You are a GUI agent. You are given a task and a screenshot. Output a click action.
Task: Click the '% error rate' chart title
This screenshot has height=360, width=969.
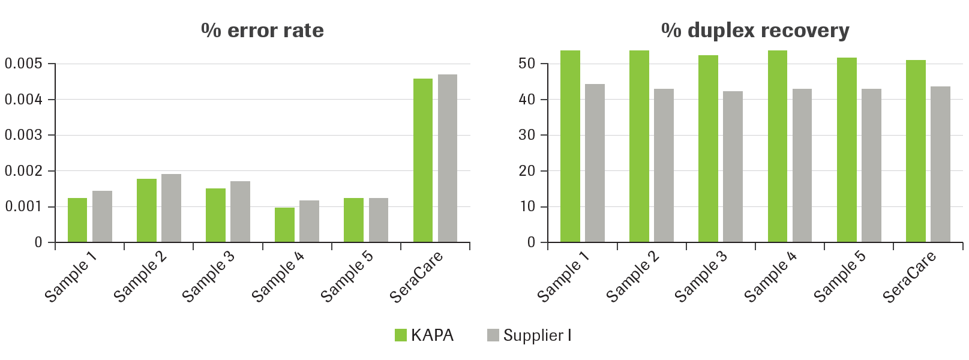(262, 30)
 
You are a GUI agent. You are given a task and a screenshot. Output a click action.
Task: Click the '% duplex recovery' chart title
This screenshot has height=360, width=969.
(755, 30)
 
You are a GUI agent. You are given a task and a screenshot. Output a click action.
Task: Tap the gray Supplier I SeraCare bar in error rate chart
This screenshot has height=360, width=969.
(448, 158)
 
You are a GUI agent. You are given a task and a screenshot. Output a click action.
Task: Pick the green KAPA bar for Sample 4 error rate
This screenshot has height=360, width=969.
(284, 225)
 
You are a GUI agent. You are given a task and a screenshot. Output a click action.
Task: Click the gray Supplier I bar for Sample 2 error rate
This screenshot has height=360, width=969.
(171, 208)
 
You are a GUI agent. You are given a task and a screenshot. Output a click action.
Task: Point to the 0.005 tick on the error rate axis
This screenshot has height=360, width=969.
(23, 64)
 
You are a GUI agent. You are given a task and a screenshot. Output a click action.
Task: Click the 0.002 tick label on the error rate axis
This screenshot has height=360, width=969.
(23, 171)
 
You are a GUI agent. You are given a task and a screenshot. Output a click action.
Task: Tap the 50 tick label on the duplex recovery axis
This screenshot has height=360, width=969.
(526, 64)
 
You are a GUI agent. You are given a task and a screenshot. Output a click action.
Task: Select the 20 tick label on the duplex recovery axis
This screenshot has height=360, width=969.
(526, 171)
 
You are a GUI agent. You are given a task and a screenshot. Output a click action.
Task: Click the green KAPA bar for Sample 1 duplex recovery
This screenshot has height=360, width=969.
(570, 146)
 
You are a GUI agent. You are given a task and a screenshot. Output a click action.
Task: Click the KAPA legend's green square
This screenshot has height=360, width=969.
(400, 335)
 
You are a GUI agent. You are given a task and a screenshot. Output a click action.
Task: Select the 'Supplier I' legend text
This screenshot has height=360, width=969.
(537, 335)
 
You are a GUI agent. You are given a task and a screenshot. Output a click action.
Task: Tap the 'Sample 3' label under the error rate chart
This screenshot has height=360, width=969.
(208, 277)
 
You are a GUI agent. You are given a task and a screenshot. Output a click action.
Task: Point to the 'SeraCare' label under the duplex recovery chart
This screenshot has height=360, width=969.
(909, 277)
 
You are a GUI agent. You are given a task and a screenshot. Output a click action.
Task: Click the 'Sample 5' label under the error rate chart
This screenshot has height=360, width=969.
(346, 277)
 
